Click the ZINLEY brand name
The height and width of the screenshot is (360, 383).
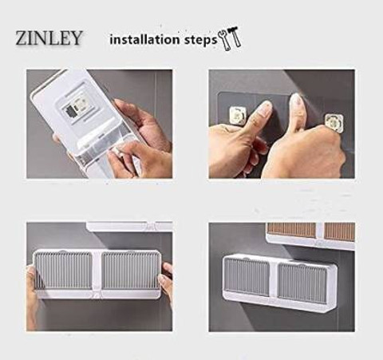(49, 38)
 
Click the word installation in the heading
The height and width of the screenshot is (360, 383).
(144, 40)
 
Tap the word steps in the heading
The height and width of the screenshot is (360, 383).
(201, 41)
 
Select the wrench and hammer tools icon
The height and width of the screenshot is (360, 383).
(230, 38)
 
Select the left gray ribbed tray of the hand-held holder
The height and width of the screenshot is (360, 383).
(64, 271)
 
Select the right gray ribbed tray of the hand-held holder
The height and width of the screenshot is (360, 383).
(130, 271)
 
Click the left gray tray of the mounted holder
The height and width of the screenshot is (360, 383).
(247, 276)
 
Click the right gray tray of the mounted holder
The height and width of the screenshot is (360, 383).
(302, 283)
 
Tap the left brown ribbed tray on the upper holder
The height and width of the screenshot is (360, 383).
(292, 230)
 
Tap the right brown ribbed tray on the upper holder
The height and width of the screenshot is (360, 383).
(340, 231)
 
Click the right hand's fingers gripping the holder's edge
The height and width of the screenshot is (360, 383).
(165, 279)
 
